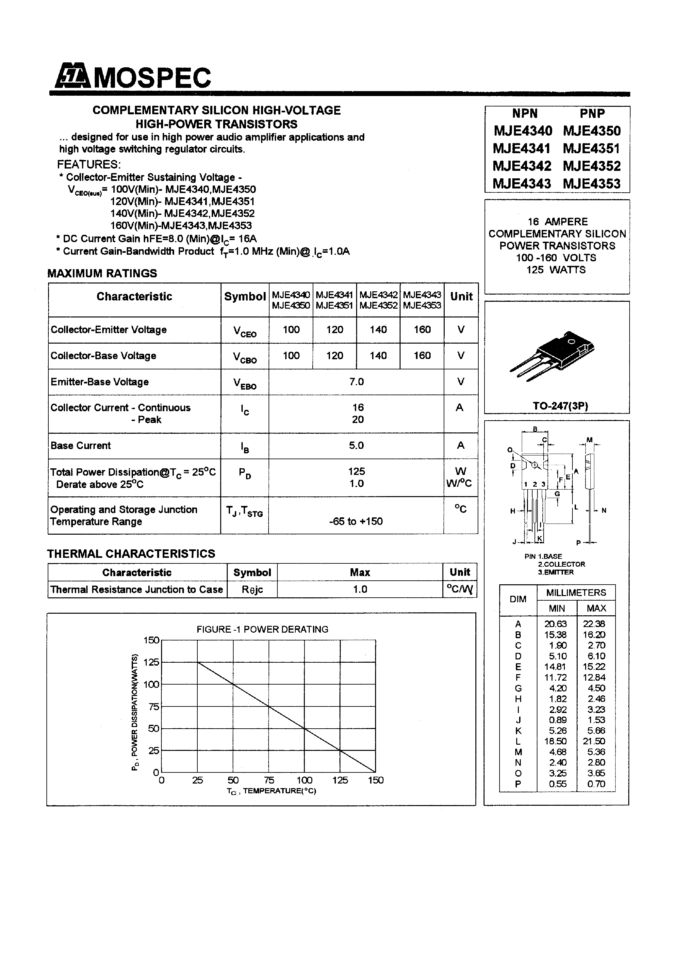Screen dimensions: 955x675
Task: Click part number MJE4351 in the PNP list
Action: pyautogui.click(x=591, y=149)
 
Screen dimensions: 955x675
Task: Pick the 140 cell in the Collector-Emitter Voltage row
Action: pyautogui.click(x=378, y=330)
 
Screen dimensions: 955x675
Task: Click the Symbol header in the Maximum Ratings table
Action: pyautogui.click(x=245, y=297)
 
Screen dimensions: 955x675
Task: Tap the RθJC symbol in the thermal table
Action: pyautogui.click(x=252, y=590)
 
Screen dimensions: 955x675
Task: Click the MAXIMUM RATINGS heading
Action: pyautogui.click(x=102, y=273)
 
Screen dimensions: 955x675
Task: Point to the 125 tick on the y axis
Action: pyautogui.click(x=151, y=662)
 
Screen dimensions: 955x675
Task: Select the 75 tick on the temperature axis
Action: pyautogui.click(x=269, y=780)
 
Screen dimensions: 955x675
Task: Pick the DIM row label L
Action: pyautogui.click(x=518, y=741)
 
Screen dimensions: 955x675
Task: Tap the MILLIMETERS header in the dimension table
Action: pyautogui.click(x=576, y=593)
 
